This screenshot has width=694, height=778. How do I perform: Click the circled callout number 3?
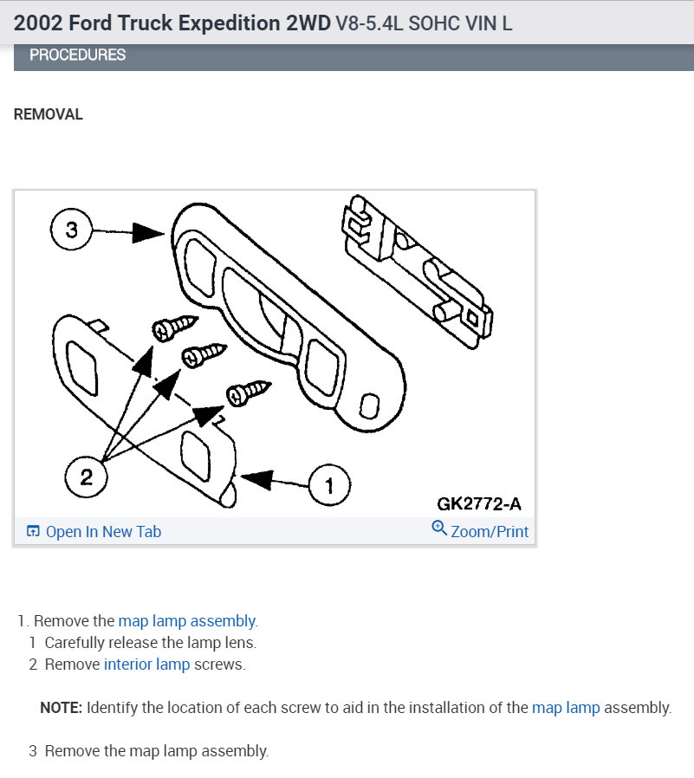tap(72, 230)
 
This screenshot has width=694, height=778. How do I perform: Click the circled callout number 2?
tap(87, 477)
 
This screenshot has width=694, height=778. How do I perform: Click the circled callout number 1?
tap(328, 485)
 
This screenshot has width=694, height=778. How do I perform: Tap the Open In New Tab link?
tap(103, 532)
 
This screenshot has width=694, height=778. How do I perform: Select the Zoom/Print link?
tap(490, 532)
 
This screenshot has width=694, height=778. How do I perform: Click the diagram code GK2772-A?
tap(479, 503)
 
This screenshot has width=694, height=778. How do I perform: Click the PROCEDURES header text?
tap(77, 55)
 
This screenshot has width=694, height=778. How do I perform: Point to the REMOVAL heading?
tap(49, 114)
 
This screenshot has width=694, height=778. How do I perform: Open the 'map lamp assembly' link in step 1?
tap(187, 621)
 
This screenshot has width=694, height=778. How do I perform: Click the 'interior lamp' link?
tap(146, 665)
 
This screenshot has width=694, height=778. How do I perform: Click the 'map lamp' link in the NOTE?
tap(566, 708)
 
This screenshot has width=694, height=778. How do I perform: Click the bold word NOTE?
tap(61, 708)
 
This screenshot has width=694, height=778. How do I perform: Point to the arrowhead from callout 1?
tap(258, 477)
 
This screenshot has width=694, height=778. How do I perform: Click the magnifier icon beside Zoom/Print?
tap(439, 528)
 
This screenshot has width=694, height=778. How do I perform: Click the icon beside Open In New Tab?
tap(33, 532)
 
